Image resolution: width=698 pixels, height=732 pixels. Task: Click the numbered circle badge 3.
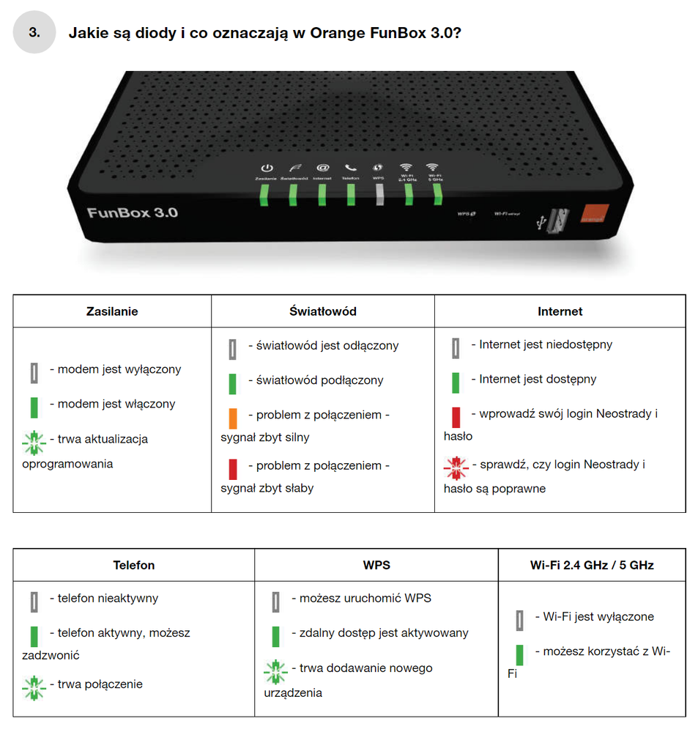34,32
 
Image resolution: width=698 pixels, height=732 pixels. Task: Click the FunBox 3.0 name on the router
133,213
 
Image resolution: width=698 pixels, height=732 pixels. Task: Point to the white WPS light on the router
379,193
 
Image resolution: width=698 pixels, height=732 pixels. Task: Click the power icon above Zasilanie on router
267,168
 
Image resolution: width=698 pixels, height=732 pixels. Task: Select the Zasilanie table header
112,311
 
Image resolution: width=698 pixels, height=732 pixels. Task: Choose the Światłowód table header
322,311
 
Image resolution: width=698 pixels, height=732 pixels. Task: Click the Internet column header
560,311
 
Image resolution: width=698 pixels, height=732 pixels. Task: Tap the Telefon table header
134,566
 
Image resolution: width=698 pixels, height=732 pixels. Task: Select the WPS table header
376,566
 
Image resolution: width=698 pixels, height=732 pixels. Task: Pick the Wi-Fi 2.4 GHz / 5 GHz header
592,566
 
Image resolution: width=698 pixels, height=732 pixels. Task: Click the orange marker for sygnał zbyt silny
233,418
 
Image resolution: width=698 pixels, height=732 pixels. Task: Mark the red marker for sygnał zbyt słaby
233,468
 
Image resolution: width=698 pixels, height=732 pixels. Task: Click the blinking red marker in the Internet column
456,466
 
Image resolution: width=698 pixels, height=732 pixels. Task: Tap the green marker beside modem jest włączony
34,407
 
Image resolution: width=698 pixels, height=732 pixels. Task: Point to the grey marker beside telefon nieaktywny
34,602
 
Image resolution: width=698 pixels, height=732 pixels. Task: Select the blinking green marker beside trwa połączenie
34,687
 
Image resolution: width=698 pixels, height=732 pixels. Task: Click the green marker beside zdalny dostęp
275,636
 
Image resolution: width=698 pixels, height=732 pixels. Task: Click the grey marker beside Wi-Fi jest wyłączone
519,620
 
